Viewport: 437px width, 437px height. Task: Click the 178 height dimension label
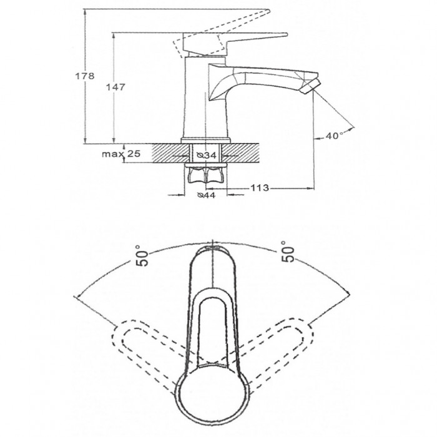point(85,76)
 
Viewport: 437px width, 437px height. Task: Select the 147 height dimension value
point(115,87)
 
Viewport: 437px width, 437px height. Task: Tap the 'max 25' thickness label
point(121,154)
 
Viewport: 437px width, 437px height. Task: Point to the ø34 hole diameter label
point(207,155)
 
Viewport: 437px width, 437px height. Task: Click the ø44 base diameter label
point(206,195)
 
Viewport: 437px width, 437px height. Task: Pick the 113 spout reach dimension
point(260,188)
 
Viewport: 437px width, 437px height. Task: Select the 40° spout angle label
point(335,135)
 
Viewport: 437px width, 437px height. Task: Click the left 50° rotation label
point(142,256)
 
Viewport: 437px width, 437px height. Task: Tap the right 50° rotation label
point(288,252)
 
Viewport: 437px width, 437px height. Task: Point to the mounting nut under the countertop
point(205,175)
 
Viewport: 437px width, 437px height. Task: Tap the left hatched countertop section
point(170,153)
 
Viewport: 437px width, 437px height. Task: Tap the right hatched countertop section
point(241,153)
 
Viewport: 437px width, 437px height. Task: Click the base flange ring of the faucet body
point(206,140)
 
